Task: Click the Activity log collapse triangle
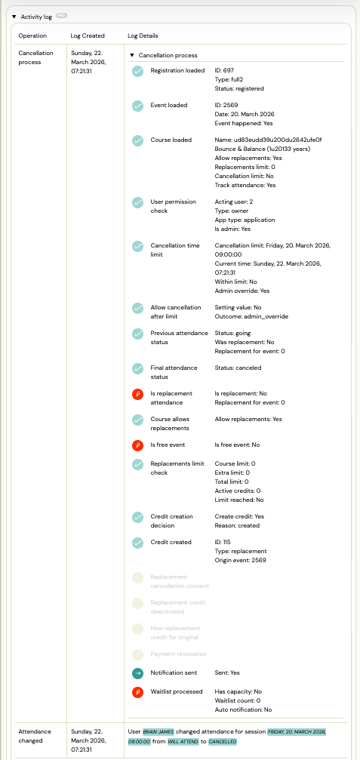[14, 16]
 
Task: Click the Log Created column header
[87, 35]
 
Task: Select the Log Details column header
[143, 35]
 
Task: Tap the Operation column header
[32, 35]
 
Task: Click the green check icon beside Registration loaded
[137, 72]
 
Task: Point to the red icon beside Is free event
[137, 445]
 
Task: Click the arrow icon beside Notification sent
[137, 673]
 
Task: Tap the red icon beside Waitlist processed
[137, 692]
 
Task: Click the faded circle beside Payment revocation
[137, 654]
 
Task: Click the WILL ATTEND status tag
[183, 742]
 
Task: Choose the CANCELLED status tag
[223, 742]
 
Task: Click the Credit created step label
[171, 542]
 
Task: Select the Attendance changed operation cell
[36, 736]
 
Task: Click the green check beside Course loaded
[137, 141]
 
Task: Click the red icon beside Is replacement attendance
[137, 395]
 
